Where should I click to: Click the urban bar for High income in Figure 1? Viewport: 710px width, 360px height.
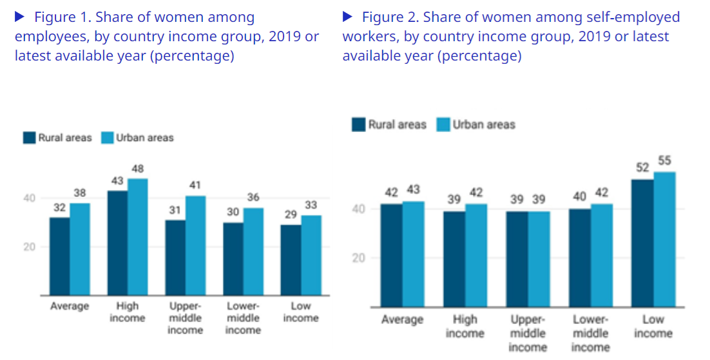coord(137,237)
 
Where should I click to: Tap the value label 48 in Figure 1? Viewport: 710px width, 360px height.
coord(137,169)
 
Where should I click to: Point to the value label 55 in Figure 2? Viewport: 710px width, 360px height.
coord(664,160)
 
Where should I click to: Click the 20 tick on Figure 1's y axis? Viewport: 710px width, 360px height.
coord(30,247)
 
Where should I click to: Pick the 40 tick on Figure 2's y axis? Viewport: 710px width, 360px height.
coord(358,209)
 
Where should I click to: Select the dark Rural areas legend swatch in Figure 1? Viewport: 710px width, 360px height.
coord(29,138)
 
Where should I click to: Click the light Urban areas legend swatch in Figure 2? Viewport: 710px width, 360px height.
coord(443,124)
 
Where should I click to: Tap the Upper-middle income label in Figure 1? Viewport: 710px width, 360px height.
coord(185,318)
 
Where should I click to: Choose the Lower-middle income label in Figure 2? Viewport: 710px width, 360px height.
coord(590,333)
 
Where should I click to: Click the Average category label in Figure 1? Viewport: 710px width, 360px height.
coord(70,307)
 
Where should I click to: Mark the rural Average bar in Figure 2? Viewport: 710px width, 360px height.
coord(390,256)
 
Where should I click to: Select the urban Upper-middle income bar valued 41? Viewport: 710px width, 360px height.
coord(195,245)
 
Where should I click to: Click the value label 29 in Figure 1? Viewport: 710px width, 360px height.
coord(291,213)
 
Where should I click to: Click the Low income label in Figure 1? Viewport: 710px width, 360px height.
coord(301,312)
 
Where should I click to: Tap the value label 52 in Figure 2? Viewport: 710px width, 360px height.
coord(643,168)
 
